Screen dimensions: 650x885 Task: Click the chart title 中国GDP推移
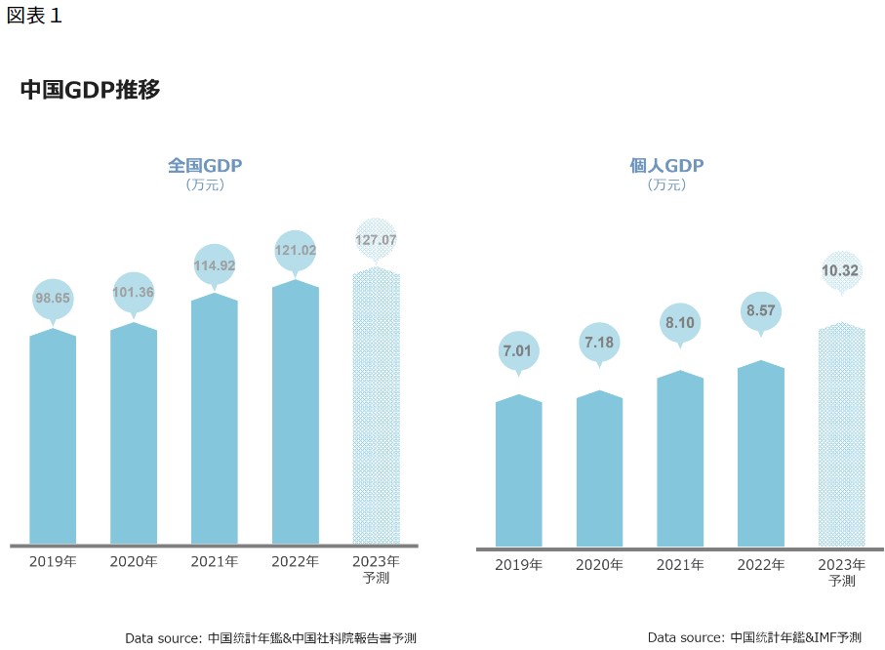[90, 90]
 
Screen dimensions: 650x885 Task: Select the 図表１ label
[34, 16]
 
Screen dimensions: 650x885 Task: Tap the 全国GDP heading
[205, 165]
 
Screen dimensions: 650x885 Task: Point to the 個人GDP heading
[666, 165]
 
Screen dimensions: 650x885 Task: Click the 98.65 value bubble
[53, 299]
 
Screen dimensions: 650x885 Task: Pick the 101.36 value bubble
[134, 293]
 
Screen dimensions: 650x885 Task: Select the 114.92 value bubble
[215, 264]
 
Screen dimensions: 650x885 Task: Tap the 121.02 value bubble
[296, 251]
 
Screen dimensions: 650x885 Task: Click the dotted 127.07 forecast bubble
[376, 239]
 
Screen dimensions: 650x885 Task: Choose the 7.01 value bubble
[518, 350]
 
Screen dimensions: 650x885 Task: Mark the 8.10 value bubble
[680, 321]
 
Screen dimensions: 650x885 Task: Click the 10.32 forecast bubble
[841, 270]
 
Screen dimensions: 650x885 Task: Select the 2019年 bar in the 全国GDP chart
[53, 439]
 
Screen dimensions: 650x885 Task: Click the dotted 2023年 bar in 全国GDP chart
[376, 410]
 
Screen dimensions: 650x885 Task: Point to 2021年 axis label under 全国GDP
[215, 561]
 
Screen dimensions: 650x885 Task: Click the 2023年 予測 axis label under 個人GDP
[841, 573]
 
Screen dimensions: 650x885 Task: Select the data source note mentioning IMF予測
[754, 637]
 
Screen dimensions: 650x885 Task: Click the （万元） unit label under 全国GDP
[205, 184]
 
